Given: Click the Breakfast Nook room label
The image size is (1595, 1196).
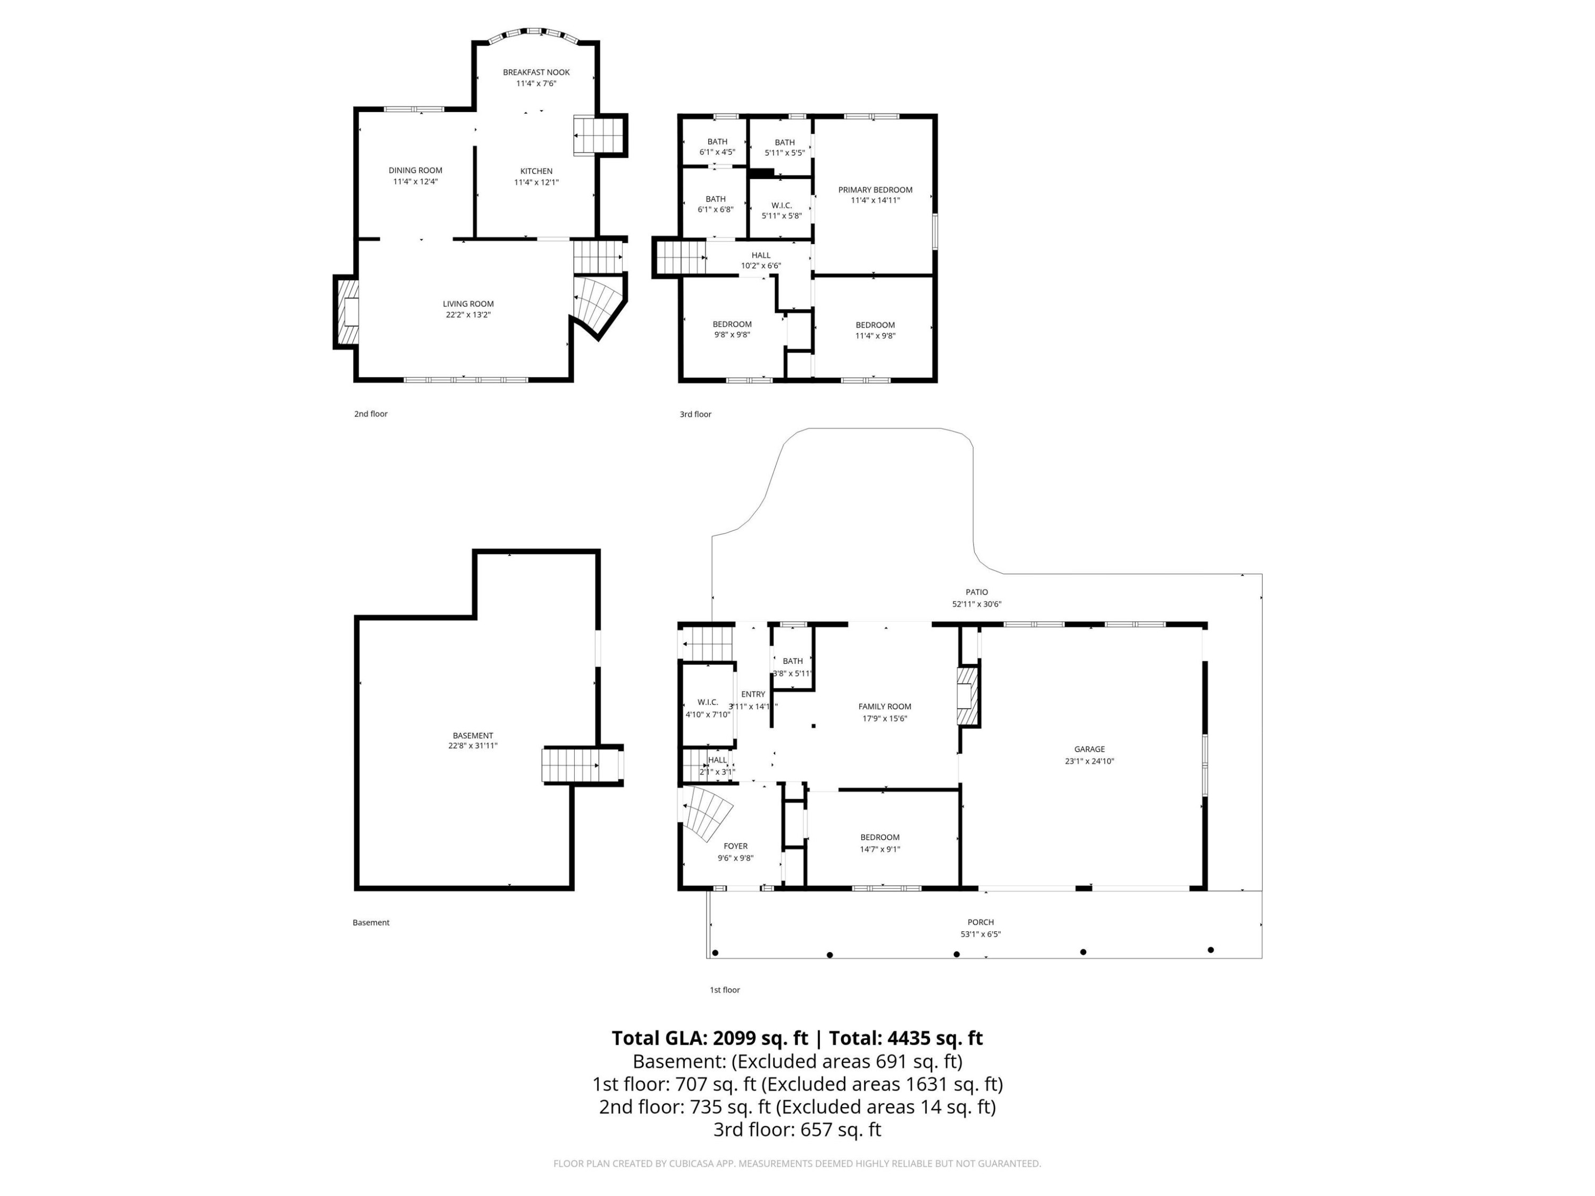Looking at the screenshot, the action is [536, 72].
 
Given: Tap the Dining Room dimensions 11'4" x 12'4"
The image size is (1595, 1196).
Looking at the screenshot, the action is [415, 182].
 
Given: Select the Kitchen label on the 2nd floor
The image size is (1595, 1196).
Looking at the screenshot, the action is [536, 171].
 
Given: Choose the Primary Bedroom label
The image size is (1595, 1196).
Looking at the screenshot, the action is [875, 190].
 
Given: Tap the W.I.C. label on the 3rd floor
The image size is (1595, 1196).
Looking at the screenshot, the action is [782, 206].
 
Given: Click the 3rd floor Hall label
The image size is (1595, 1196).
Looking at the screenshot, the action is [761, 255].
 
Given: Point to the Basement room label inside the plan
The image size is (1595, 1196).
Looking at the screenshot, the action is [473, 735].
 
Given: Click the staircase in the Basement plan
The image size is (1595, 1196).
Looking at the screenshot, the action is [570, 765].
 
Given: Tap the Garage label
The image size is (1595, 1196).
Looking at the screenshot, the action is [1089, 749].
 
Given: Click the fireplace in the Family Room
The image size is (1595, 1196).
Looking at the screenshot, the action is [967, 696].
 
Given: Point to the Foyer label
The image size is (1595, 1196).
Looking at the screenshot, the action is [735, 846].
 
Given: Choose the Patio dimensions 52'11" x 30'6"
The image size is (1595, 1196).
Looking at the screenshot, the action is [977, 604].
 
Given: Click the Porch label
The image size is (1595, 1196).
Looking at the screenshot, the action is [980, 922].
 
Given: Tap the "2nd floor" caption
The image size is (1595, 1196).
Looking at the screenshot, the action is [371, 414].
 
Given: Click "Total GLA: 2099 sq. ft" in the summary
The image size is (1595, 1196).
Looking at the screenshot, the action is [710, 1038].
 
